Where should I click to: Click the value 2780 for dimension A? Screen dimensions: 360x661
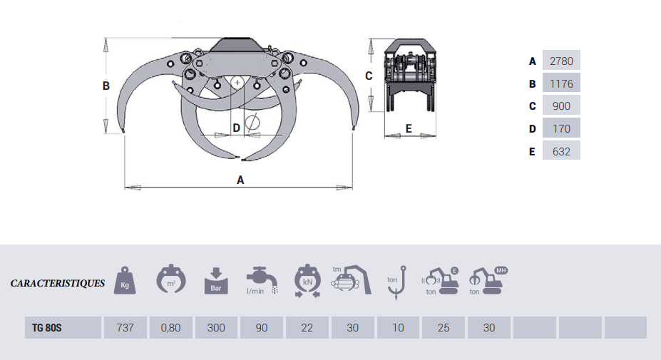(x=561, y=61)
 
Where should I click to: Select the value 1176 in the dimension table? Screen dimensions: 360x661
(x=561, y=83)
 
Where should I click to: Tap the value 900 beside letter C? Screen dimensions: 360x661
(x=561, y=106)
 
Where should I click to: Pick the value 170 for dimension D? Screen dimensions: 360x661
(x=561, y=129)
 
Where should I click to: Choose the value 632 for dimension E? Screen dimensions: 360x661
(x=561, y=151)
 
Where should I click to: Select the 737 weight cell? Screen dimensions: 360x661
(x=125, y=328)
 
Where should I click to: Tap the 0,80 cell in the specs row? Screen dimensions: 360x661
(x=170, y=328)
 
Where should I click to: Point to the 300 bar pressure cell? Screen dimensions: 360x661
(x=216, y=328)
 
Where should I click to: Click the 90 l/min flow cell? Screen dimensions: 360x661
(x=262, y=328)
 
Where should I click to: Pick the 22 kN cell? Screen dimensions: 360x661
(x=307, y=328)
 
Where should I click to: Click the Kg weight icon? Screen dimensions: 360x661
(x=126, y=279)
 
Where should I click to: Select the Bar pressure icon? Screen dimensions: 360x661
(x=216, y=280)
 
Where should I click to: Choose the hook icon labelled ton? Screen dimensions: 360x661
(x=398, y=280)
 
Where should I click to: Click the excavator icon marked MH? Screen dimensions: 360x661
(x=488, y=280)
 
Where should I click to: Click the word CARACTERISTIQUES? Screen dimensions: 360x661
(x=58, y=283)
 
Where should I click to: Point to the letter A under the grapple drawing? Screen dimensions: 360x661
(x=240, y=180)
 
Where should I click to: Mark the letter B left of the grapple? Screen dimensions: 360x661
(x=106, y=86)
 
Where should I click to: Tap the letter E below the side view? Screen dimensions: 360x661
(x=409, y=128)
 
